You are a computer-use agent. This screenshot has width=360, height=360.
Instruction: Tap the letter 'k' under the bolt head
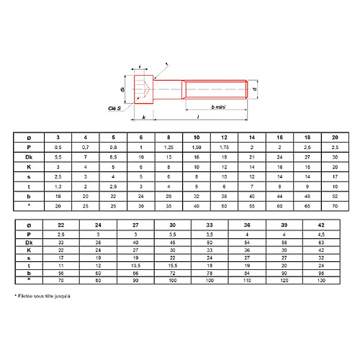145,117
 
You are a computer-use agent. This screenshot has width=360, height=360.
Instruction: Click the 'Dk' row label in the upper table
29,156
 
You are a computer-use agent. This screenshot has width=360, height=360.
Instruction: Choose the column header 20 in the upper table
334,137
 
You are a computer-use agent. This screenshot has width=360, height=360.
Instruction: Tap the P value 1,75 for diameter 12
224,146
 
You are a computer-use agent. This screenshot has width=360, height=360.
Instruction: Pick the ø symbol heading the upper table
29,137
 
